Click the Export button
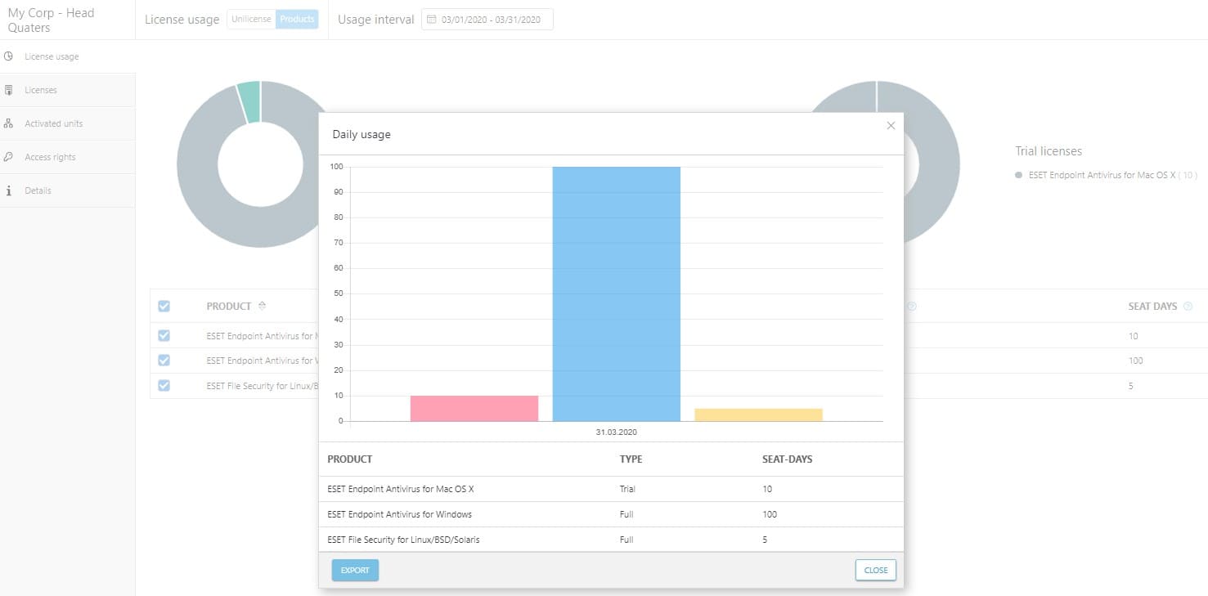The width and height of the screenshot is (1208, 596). (355, 570)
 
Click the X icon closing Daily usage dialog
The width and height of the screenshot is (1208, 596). (891, 126)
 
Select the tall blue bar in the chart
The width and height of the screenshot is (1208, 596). (616, 294)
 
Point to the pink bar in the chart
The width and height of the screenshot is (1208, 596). (474, 408)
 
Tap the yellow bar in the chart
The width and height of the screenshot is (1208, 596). (758, 415)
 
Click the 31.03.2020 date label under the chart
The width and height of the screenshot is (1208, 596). (616, 432)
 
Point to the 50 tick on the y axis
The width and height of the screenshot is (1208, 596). (337, 294)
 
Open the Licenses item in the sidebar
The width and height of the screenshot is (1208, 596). (41, 90)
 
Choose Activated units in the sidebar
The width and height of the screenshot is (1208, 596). (53, 123)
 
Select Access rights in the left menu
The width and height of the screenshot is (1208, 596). (50, 157)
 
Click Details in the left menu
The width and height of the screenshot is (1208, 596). (38, 190)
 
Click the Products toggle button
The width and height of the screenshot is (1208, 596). (297, 20)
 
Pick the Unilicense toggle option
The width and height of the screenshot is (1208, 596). (251, 20)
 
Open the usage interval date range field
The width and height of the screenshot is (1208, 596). (487, 20)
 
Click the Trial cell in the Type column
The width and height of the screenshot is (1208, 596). (627, 489)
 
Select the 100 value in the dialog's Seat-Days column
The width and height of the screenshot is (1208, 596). (769, 514)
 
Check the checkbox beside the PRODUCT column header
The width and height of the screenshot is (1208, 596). (164, 306)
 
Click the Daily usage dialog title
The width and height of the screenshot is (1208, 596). (362, 134)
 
